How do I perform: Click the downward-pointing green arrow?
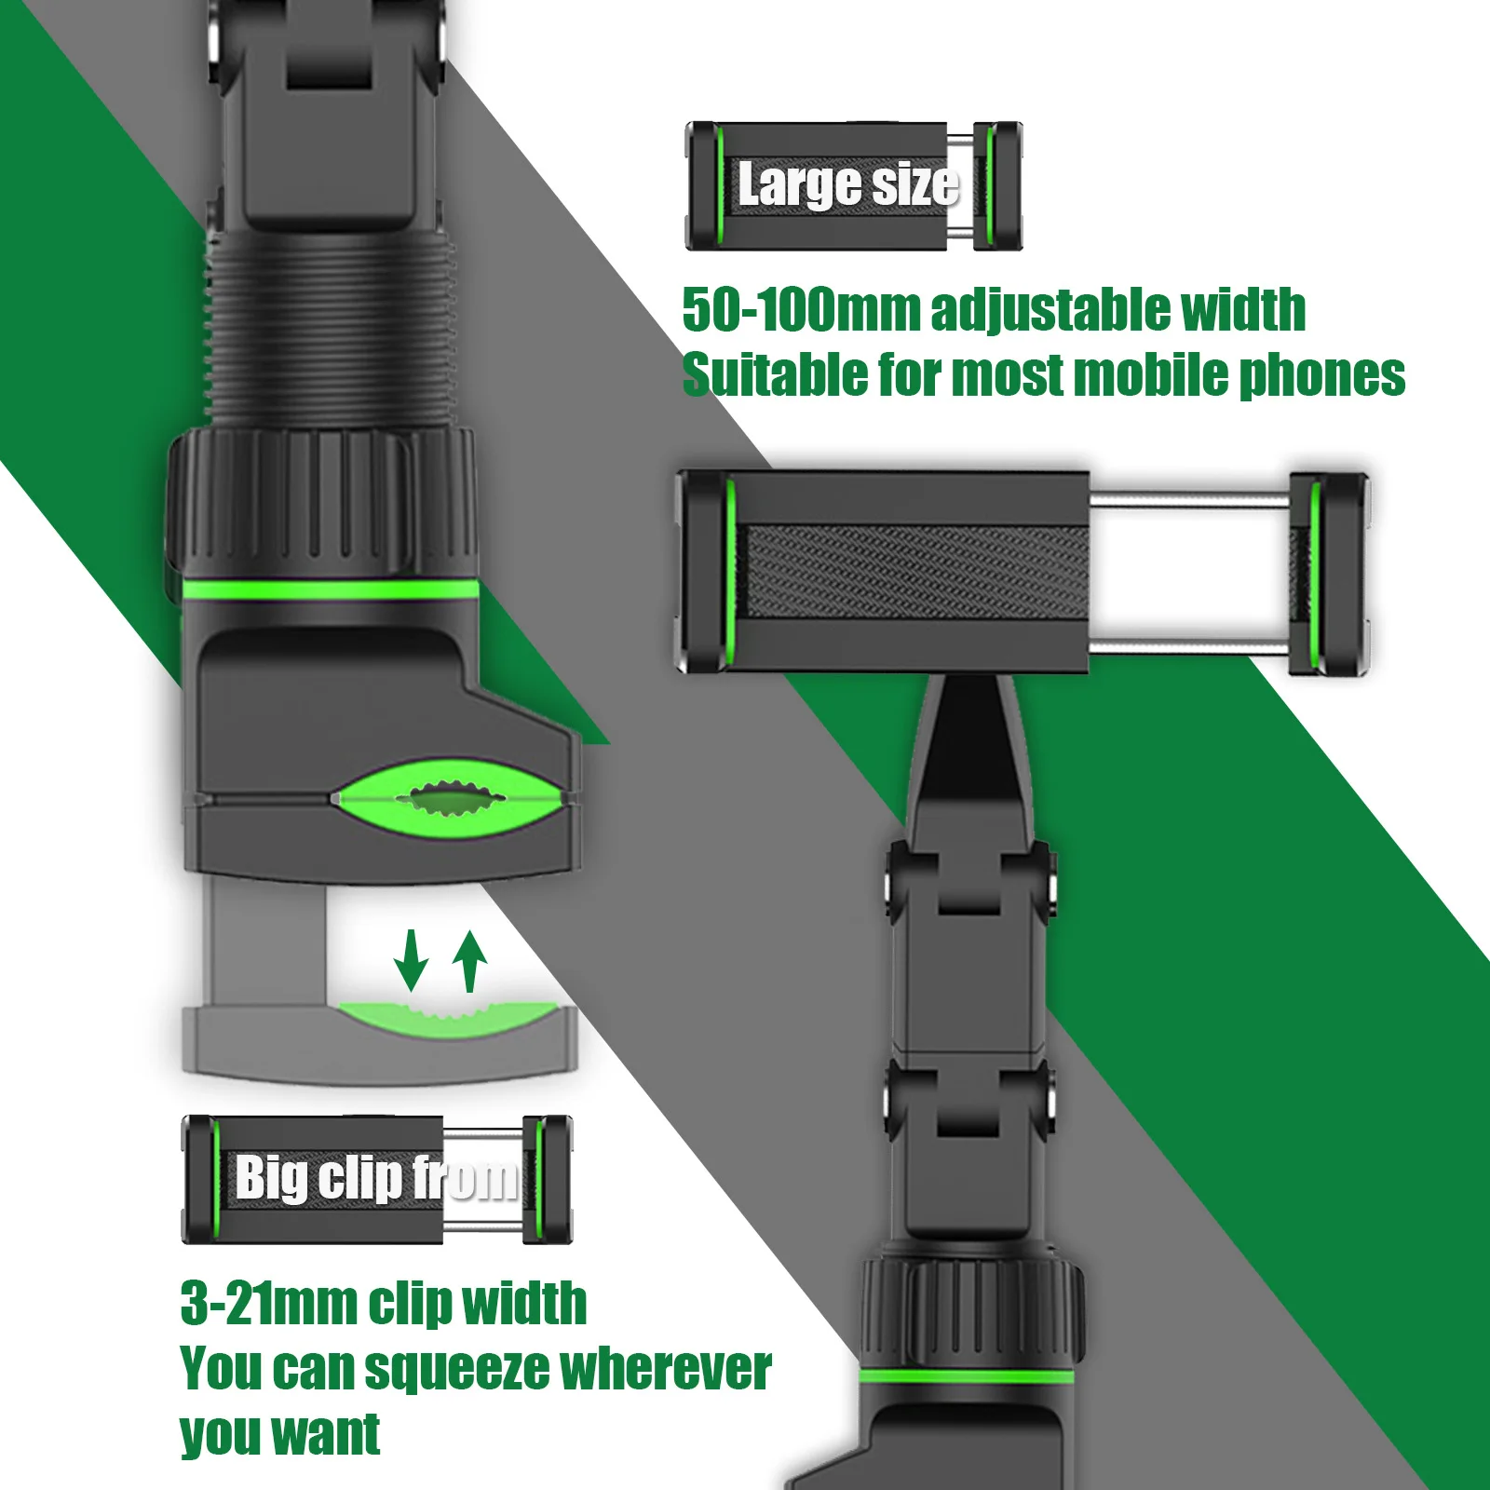tap(410, 961)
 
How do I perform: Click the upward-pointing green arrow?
tap(470, 961)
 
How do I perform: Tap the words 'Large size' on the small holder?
tap(847, 184)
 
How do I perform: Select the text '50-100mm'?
tap(801, 310)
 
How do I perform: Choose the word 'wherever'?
tap(665, 1368)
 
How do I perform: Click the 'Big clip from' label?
tap(376, 1178)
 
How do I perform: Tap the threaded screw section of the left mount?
tap(331, 331)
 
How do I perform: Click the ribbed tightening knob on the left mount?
tap(323, 503)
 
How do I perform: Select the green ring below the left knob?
tap(331, 589)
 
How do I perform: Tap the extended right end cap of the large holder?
tap(1329, 573)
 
